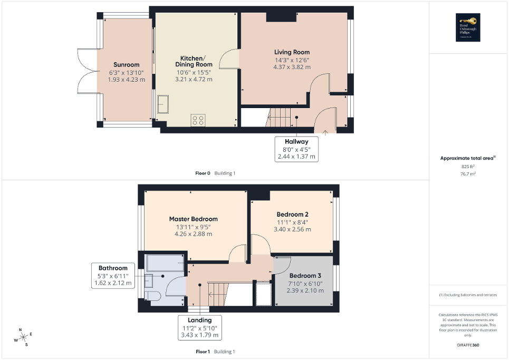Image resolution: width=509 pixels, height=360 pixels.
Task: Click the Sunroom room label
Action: coord(122,64)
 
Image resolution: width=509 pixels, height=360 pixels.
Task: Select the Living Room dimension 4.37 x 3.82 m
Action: coord(292,67)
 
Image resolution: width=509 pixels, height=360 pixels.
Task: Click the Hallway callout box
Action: coord(296,149)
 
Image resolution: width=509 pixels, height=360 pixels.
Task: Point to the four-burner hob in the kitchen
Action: coord(198,120)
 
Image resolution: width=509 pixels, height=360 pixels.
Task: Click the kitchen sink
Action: coord(163,104)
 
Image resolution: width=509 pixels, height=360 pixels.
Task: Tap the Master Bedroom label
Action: coord(193,219)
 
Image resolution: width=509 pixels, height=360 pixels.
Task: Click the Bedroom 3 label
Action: coord(305,276)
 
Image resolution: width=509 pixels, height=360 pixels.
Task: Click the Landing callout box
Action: coord(199,327)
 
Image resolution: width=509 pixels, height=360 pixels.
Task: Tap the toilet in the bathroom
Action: coord(152,296)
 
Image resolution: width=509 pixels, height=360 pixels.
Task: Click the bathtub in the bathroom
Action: coord(165,263)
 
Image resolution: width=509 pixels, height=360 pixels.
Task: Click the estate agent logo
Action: coord(466,27)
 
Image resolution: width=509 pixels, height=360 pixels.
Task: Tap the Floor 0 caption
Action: coord(203,173)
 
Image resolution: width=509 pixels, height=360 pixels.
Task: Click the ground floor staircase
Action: coord(280,116)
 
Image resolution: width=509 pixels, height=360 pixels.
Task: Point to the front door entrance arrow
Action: coord(325,133)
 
